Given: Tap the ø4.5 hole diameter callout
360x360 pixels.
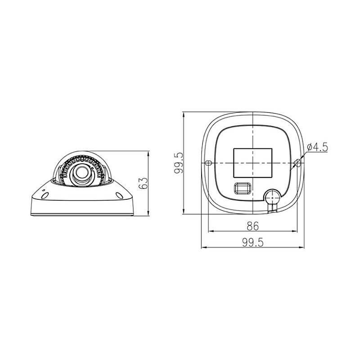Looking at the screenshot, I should tap(318, 147).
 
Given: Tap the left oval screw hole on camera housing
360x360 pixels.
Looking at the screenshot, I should tap(45, 195).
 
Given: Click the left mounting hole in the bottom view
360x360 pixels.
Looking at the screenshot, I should tap(208, 163).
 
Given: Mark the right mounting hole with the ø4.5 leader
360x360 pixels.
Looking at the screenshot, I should tap(297, 163).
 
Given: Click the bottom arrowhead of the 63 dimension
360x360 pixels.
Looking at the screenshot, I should tap(148, 214).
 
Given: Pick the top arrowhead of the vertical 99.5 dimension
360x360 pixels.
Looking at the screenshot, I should tap(184, 113).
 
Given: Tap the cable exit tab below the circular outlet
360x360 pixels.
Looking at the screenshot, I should tap(273, 209).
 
